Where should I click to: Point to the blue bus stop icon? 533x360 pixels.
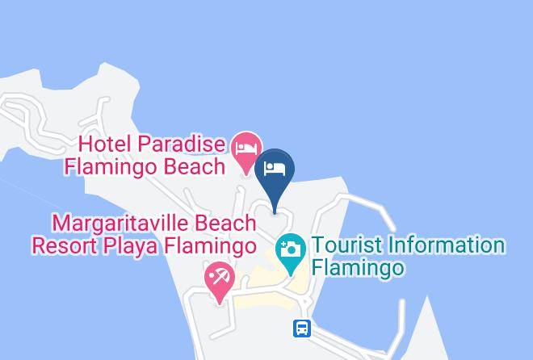click(302, 329)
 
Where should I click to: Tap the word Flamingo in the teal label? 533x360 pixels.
click(358, 268)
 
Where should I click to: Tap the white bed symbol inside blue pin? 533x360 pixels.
click(275, 169)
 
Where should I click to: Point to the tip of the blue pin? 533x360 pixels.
click(275, 211)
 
